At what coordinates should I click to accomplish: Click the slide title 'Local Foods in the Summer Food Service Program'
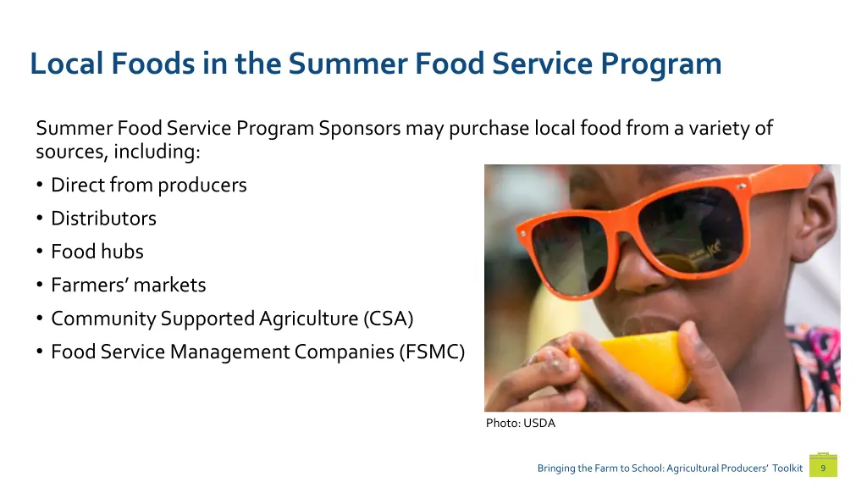point(375,64)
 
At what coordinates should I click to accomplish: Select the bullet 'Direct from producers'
point(148,185)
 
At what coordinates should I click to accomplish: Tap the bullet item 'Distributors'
point(103,219)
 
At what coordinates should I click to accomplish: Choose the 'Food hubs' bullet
point(97,252)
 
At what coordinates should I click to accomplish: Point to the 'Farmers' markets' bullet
point(128,286)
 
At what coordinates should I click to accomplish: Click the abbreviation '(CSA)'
point(388,319)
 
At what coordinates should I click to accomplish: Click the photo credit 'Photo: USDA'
point(520,423)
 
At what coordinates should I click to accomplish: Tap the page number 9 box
point(822,467)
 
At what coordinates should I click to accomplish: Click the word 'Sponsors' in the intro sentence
point(360,129)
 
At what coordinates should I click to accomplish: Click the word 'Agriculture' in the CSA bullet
point(310,319)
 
